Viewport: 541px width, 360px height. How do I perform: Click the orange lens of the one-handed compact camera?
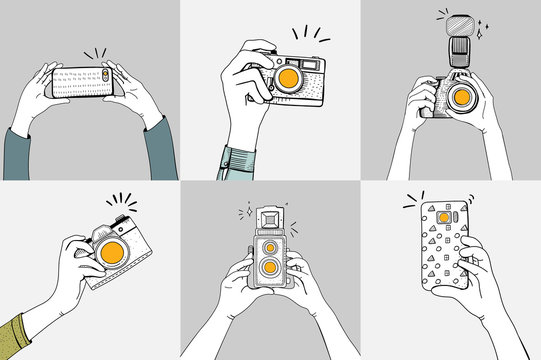tap(288, 77)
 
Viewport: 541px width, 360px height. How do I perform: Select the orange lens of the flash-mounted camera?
tap(461, 98)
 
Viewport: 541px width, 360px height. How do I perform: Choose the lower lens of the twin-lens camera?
tap(268, 273)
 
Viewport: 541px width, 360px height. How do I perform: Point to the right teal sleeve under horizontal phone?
tap(161, 150)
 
